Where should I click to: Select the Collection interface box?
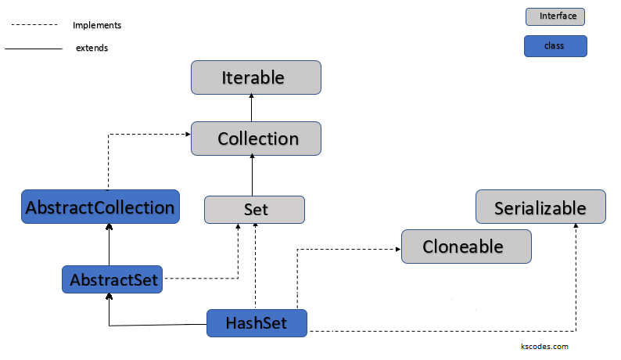(256, 139)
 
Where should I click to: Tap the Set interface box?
(254, 210)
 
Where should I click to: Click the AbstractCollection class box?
(100, 207)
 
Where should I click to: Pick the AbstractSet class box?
(113, 279)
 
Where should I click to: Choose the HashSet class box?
(257, 323)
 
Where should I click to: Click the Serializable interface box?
(540, 208)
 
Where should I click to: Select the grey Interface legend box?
(555, 16)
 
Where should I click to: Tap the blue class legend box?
(555, 46)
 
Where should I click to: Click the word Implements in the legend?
(97, 25)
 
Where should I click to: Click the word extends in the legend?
(92, 49)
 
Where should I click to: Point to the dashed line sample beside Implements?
(34, 25)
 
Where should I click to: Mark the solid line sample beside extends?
(33, 49)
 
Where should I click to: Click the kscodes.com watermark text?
(544, 346)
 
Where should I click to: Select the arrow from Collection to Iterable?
(252, 108)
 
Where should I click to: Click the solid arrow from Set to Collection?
(252, 174)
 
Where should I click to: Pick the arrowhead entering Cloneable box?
(397, 250)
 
